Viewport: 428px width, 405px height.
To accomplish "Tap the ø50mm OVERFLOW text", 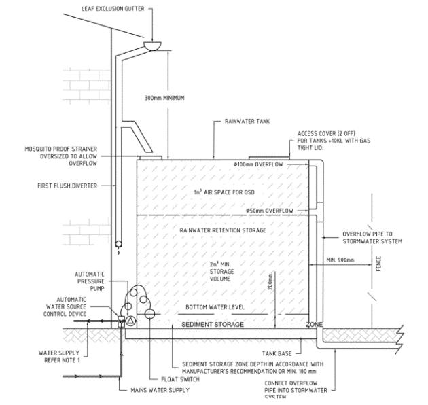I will click(270, 211).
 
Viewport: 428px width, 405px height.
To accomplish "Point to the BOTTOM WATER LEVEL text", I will click(215, 307).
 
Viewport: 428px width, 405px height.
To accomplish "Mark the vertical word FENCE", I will click(378, 262).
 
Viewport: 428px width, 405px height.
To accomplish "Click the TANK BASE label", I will click(277, 353).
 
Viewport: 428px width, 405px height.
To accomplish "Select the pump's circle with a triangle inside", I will click(131, 319).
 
